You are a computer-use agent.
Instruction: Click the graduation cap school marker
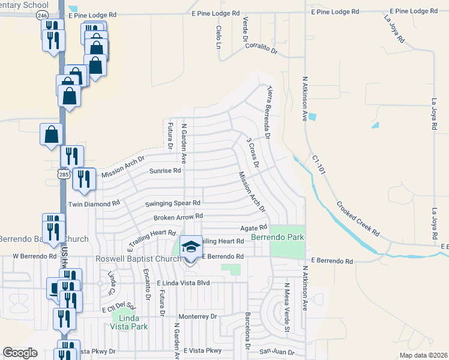point(191,246)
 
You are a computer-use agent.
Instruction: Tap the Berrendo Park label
point(277,238)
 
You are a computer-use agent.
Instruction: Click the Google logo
point(20,353)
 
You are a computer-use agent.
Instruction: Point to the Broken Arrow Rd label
point(178,217)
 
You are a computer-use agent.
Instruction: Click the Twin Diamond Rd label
point(94,204)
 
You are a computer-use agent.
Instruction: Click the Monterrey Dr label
point(197,316)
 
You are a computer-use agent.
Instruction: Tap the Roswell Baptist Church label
point(139,259)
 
